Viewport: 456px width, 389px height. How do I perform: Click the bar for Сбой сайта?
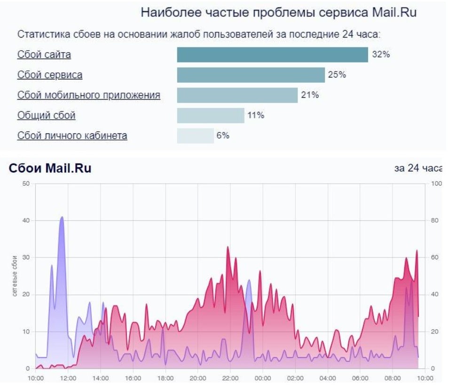pyautogui.click(x=272, y=54)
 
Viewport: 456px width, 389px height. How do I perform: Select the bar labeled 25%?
pyautogui.click(x=251, y=75)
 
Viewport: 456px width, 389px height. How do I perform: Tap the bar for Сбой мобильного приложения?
pyautogui.click(x=237, y=95)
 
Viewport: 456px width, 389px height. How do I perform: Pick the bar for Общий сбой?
pyautogui.click(x=210, y=116)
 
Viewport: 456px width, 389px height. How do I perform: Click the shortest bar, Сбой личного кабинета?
pyautogui.click(x=195, y=136)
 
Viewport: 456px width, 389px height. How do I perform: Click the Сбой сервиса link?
pyautogui.click(x=50, y=75)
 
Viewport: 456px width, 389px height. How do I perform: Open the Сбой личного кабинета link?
pyautogui.click(x=72, y=136)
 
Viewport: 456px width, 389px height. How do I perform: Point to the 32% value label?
pyautogui.click(x=381, y=54)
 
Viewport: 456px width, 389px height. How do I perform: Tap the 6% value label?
pyautogui.click(x=223, y=136)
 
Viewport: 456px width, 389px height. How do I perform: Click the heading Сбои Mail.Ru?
pyautogui.click(x=50, y=168)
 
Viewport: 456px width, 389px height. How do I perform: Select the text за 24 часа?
pyautogui.click(x=417, y=169)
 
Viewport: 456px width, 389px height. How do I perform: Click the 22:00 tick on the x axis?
pyautogui.click(x=230, y=378)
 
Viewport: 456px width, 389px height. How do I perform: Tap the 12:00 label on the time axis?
pyautogui.click(x=68, y=378)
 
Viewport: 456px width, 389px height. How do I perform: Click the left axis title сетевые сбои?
pyautogui.click(x=15, y=276)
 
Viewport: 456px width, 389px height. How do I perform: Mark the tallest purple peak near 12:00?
pyautogui.click(x=62, y=217)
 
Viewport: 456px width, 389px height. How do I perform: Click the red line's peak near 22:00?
pyautogui.click(x=228, y=247)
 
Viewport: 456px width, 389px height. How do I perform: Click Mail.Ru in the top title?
pyautogui.click(x=395, y=13)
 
